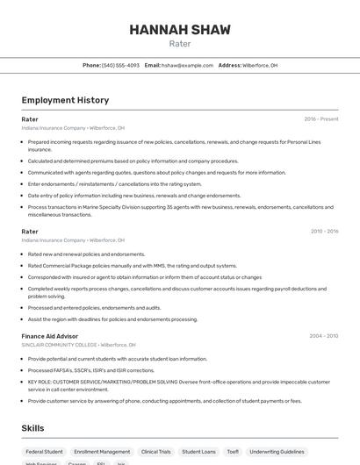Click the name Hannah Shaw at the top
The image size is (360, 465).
click(179, 30)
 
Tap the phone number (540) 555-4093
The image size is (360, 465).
click(120, 65)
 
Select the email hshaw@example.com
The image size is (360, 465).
click(187, 65)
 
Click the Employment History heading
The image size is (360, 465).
click(65, 100)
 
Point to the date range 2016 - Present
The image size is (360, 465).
click(320, 118)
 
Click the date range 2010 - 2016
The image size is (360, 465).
click(324, 231)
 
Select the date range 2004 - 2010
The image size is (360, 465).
click(324, 335)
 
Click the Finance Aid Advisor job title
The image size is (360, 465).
click(50, 335)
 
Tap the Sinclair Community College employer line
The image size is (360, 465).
click(78, 345)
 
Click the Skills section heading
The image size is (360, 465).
click(33, 427)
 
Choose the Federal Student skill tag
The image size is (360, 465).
click(44, 452)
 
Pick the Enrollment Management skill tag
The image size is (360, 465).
click(102, 452)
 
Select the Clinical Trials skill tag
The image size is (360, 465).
click(155, 452)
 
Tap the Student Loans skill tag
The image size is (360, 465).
click(198, 452)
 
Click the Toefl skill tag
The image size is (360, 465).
click(233, 452)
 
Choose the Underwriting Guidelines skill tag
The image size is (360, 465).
click(277, 452)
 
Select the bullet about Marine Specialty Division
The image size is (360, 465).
click(176, 211)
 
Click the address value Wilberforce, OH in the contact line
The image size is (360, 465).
click(260, 65)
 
